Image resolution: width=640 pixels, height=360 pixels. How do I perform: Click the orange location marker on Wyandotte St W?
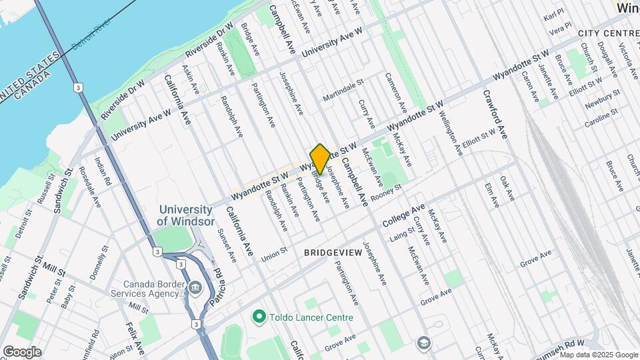pyautogui.click(x=320, y=159)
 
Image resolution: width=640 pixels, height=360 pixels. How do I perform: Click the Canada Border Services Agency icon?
pyautogui.click(x=195, y=289)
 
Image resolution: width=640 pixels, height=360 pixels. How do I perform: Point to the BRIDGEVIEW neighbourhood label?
pyautogui.click(x=332, y=253)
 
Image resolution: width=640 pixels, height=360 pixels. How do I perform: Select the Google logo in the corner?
pyautogui.click(x=21, y=351)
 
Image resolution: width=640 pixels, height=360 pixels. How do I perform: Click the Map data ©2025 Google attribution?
pyautogui.click(x=598, y=354)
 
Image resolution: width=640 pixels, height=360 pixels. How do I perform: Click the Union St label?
pyautogui.click(x=273, y=255)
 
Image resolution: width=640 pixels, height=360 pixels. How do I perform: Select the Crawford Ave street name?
pyautogui.click(x=495, y=114)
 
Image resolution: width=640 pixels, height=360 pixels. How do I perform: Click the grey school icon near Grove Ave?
pyautogui.click(x=423, y=343)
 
